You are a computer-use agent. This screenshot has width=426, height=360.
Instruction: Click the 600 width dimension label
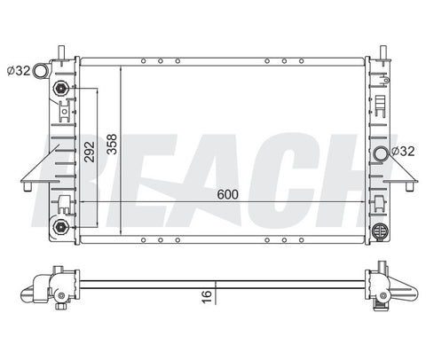point(227,194)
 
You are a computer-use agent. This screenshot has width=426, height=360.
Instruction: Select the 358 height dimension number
point(113,145)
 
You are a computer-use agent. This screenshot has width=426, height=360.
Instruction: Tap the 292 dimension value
point(90,152)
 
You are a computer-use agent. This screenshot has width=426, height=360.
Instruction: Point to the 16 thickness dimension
point(207,296)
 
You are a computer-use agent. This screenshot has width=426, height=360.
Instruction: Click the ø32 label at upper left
point(19,71)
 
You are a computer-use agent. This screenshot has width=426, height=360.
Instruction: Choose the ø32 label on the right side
point(403,152)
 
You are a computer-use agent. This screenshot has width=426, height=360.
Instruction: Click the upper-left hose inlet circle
point(40,71)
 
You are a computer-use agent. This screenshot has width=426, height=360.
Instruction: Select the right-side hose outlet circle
point(381,153)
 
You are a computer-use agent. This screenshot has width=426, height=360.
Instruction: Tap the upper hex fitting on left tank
point(61,88)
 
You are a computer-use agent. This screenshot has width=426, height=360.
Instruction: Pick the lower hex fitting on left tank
point(61,227)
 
